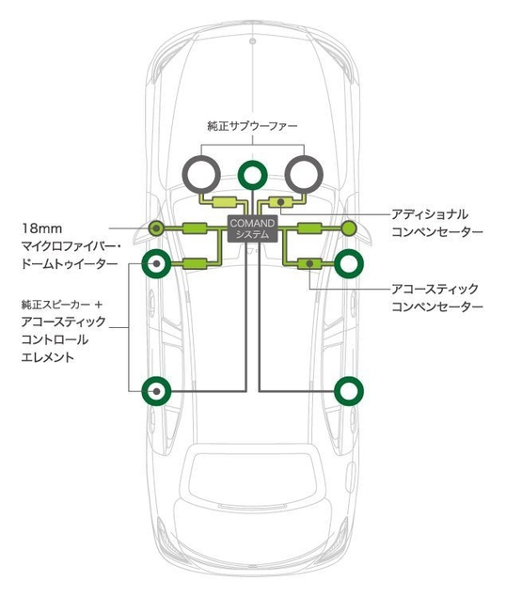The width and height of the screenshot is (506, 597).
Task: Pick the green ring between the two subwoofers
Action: click(x=251, y=174)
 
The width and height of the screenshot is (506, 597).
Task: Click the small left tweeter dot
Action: click(x=156, y=227)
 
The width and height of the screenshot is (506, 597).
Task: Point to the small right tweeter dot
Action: click(x=348, y=227)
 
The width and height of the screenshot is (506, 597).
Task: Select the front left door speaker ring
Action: click(x=155, y=264)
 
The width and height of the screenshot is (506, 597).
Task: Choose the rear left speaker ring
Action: click(x=155, y=390)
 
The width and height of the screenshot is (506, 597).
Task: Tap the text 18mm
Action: click(x=40, y=228)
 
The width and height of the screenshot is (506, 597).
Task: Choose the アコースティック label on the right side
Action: click(x=435, y=289)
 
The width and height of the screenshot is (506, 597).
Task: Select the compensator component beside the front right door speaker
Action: click(x=309, y=263)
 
